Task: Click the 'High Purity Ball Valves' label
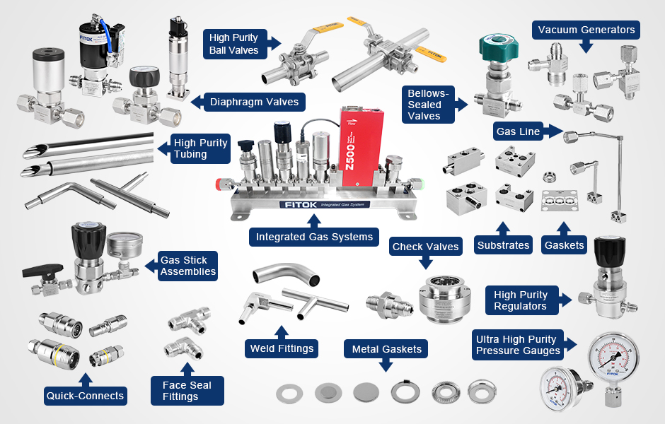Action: click(234, 44)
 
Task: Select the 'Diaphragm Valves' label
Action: click(254, 102)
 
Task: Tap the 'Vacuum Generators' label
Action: click(586, 30)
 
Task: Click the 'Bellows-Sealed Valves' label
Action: click(429, 105)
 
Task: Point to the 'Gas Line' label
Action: click(518, 131)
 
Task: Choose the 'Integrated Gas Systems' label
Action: click(314, 237)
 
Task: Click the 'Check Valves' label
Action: click(426, 247)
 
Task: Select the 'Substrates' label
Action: click(503, 245)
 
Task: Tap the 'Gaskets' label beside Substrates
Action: click(565, 245)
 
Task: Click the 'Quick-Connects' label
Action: click(85, 396)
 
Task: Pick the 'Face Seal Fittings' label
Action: click(187, 391)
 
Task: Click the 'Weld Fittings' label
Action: click(282, 348)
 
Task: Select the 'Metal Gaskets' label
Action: click(386, 349)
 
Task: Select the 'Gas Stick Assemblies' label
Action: click(187, 266)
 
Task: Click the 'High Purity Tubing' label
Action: click(200, 148)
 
